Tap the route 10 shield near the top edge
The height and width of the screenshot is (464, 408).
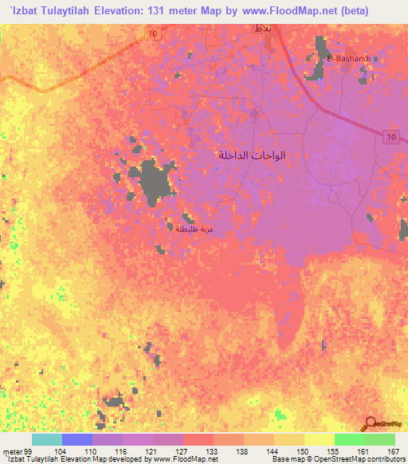[151, 32]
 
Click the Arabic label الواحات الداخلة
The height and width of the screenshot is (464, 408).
[251, 155]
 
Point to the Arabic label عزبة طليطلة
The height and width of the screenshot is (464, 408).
[195, 228]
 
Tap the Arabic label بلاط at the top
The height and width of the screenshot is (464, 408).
[261, 28]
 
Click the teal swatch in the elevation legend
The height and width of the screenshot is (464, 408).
[46, 439]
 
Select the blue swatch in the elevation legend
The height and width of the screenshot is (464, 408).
[76, 439]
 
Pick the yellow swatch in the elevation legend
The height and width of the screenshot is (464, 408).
[319, 439]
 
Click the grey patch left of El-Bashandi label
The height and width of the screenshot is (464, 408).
[316, 70]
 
